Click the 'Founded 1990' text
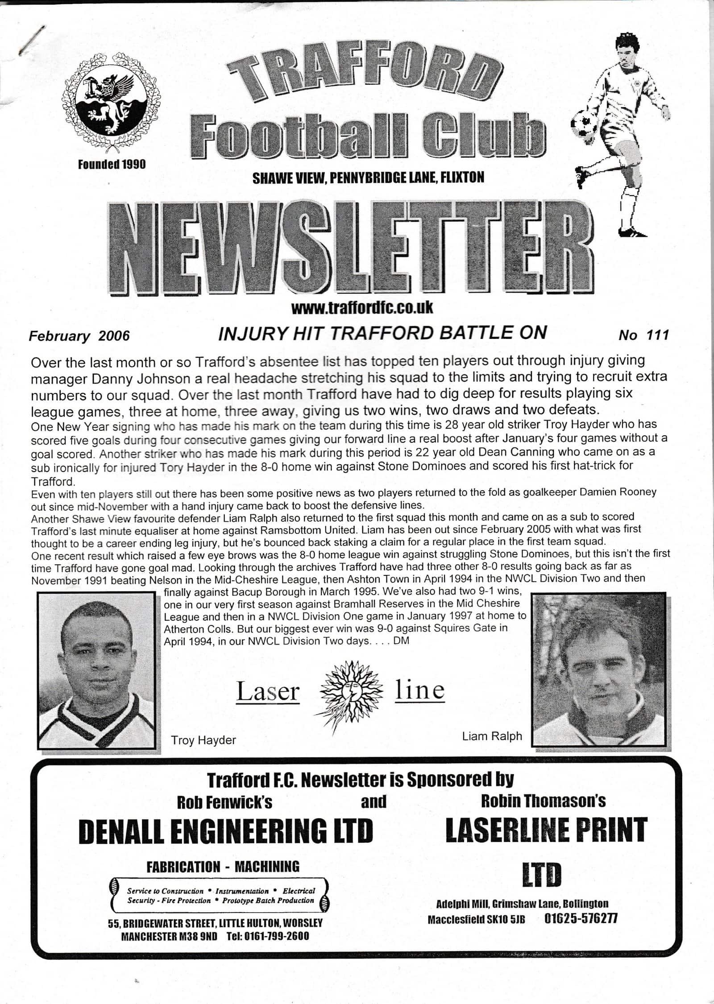[x=112, y=165]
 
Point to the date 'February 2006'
[x=79, y=335]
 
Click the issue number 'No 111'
[x=643, y=335]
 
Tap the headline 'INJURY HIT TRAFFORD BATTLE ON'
[x=382, y=333]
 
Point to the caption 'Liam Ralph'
[x=492, y=736]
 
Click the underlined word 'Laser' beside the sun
[x=268, y=692]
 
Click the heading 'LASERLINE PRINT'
[x=546, y=829]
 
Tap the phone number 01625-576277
[x=581, y=918]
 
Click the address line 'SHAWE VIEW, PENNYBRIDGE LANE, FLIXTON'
[x=368, y=178]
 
